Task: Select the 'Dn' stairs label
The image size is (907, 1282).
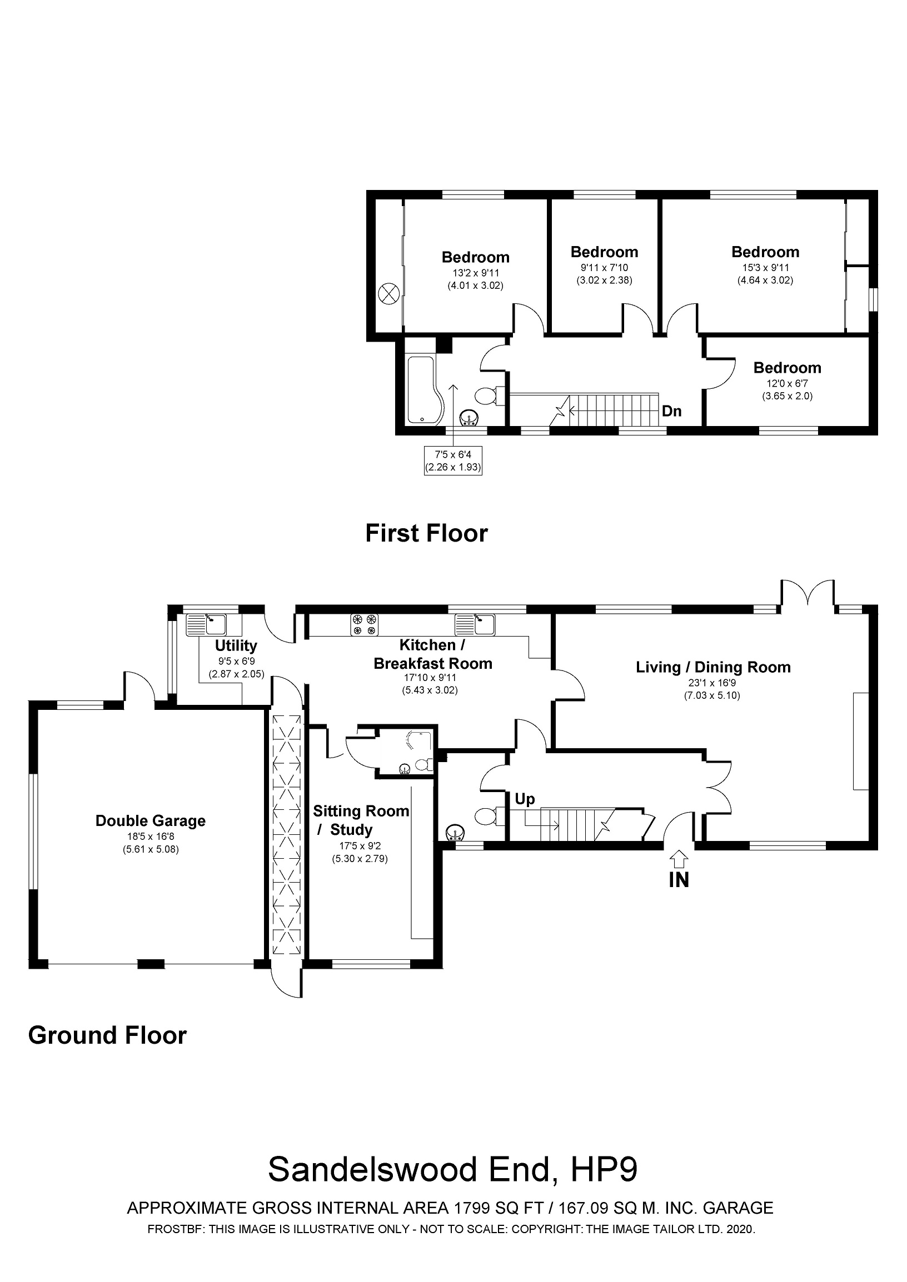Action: click(671, 412)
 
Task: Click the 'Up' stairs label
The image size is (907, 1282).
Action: click(525, 799)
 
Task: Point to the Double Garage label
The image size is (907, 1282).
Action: click(150, 821)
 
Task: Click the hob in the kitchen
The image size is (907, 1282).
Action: click(364, 624)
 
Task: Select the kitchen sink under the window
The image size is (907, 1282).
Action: click(475, 624)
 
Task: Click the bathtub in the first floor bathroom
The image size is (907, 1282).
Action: click(423, 389)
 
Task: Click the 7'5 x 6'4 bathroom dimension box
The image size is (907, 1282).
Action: click(452, 460)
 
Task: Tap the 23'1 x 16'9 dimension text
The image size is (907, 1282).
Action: click(711, 682)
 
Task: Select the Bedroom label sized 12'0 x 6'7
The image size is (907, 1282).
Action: click(787, 367)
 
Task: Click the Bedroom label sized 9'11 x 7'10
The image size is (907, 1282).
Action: click(604, 252)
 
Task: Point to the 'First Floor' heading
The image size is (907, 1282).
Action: click(426, 533)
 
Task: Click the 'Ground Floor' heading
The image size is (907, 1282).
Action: click(107, 1035)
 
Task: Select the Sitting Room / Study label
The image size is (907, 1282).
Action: click(360, 820)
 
